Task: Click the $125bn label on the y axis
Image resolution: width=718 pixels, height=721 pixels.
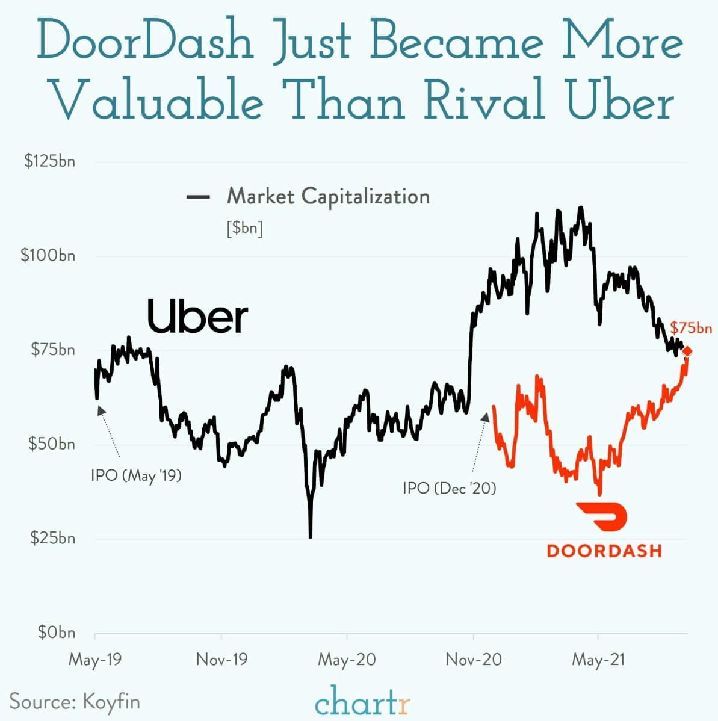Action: (x=49, y=161)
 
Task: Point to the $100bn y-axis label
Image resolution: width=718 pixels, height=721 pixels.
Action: (x=48, y=255)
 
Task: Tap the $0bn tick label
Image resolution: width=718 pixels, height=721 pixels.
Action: (x=56, y=632)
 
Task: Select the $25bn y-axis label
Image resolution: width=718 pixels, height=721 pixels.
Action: (x=52, y=537)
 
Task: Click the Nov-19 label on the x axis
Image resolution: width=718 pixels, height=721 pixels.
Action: (x=221, y=660)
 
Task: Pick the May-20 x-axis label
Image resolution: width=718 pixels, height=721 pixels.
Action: (x=347, y=660)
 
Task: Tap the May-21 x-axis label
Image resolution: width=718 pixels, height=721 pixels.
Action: (x=598, y=660)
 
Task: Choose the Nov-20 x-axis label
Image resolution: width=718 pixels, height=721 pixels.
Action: (x=473, y=660)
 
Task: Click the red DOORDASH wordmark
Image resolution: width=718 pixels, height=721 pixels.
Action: (x=604, y=550)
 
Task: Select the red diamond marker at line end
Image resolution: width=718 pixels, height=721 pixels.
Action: (x=687, y=351)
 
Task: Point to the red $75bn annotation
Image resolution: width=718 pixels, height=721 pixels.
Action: (x=691, y=328)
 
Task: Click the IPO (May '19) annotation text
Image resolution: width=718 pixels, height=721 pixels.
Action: (x=136, y=475)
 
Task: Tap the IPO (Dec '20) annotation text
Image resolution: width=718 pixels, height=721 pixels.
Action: (x=450, y=487)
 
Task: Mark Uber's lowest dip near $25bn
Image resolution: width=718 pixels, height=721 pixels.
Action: (x=311, y=536)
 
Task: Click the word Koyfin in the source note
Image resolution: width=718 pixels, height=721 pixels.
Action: (x=111, y=702)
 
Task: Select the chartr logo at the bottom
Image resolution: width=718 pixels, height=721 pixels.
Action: (x=363, y=702)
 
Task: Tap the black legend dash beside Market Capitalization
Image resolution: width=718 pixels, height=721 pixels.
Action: (x=198, y=197)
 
